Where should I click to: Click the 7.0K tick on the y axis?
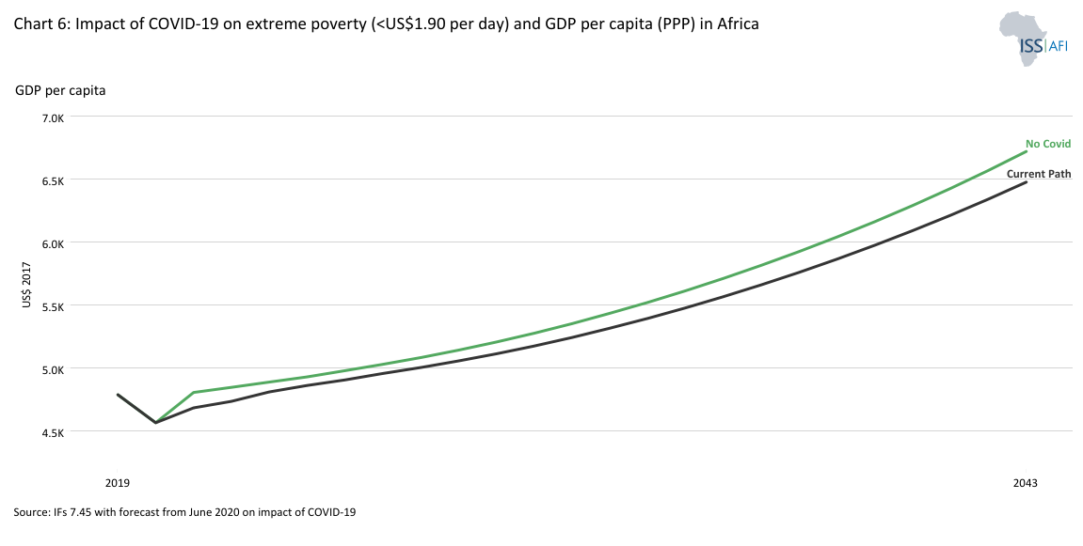pos(50,117)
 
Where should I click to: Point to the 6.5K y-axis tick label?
pos(50,180)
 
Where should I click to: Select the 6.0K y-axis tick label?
pos(50,243)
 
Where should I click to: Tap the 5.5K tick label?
pos(50,306)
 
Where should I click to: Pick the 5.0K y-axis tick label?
pos(50,369)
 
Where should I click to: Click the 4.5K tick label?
pos(50,432)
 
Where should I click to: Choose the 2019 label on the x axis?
pos(118,483)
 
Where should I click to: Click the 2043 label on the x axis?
pos(1025,483)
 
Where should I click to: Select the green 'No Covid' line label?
pos(1048,144)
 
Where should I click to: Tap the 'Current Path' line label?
pos(1039,174)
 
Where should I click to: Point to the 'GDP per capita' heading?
pos(60,90)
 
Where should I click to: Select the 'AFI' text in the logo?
pos(1058,46)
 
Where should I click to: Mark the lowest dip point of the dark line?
pos(155,423)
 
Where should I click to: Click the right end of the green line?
pos(1025,151)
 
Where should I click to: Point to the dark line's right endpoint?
pos(1025,182)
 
